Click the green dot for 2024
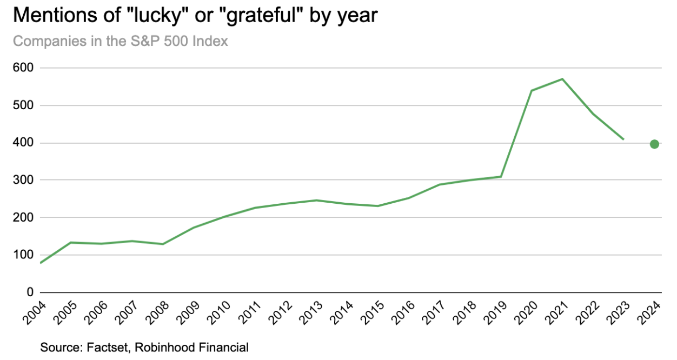(654, 144)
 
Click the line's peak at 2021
(562, 79)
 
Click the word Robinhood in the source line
(160, 347)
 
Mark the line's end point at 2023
(623, 139)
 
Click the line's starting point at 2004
(41, 263)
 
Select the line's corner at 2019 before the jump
(501, 177)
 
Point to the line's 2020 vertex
(532, 90)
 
